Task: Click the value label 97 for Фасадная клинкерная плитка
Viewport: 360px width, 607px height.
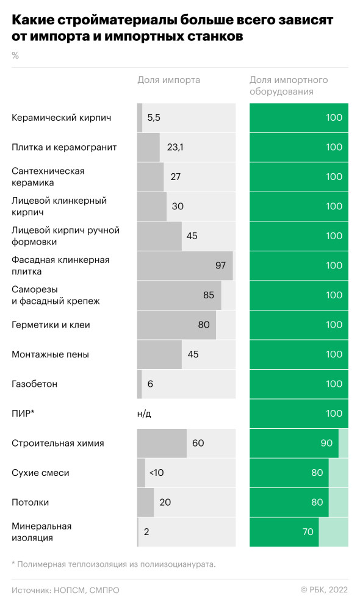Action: [220, 265]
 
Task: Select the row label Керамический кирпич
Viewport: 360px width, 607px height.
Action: [62, 118]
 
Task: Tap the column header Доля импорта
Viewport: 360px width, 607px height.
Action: [168, 80]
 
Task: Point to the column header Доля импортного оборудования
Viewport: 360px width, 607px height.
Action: [289, 86]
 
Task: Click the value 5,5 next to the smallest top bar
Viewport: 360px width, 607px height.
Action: [154, 118]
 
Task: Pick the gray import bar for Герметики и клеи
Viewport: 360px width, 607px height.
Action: [176, 325]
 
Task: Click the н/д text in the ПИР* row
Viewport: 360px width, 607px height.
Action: [144, 414]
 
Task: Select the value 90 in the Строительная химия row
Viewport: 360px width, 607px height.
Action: [326, 443]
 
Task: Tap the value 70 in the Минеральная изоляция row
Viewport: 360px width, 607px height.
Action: [308, 532]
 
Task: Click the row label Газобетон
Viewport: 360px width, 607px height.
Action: [35, 384]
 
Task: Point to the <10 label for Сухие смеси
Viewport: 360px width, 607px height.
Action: [156, 473]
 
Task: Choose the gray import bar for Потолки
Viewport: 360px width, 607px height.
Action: [145, 502]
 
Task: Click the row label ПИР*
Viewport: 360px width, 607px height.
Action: [23, 414]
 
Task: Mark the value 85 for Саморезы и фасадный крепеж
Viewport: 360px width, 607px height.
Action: [209, 295]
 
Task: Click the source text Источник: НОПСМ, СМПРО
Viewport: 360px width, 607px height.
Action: [66, 591]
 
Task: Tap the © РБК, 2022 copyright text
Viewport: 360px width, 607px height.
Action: [324, 591]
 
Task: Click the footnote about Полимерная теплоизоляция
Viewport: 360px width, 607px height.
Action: [113, 564]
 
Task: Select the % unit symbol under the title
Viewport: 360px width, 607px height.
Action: [15, 56]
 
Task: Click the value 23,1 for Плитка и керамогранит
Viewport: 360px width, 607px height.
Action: [175, 147]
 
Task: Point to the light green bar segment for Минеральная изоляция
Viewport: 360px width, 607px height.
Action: [333, 532]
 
